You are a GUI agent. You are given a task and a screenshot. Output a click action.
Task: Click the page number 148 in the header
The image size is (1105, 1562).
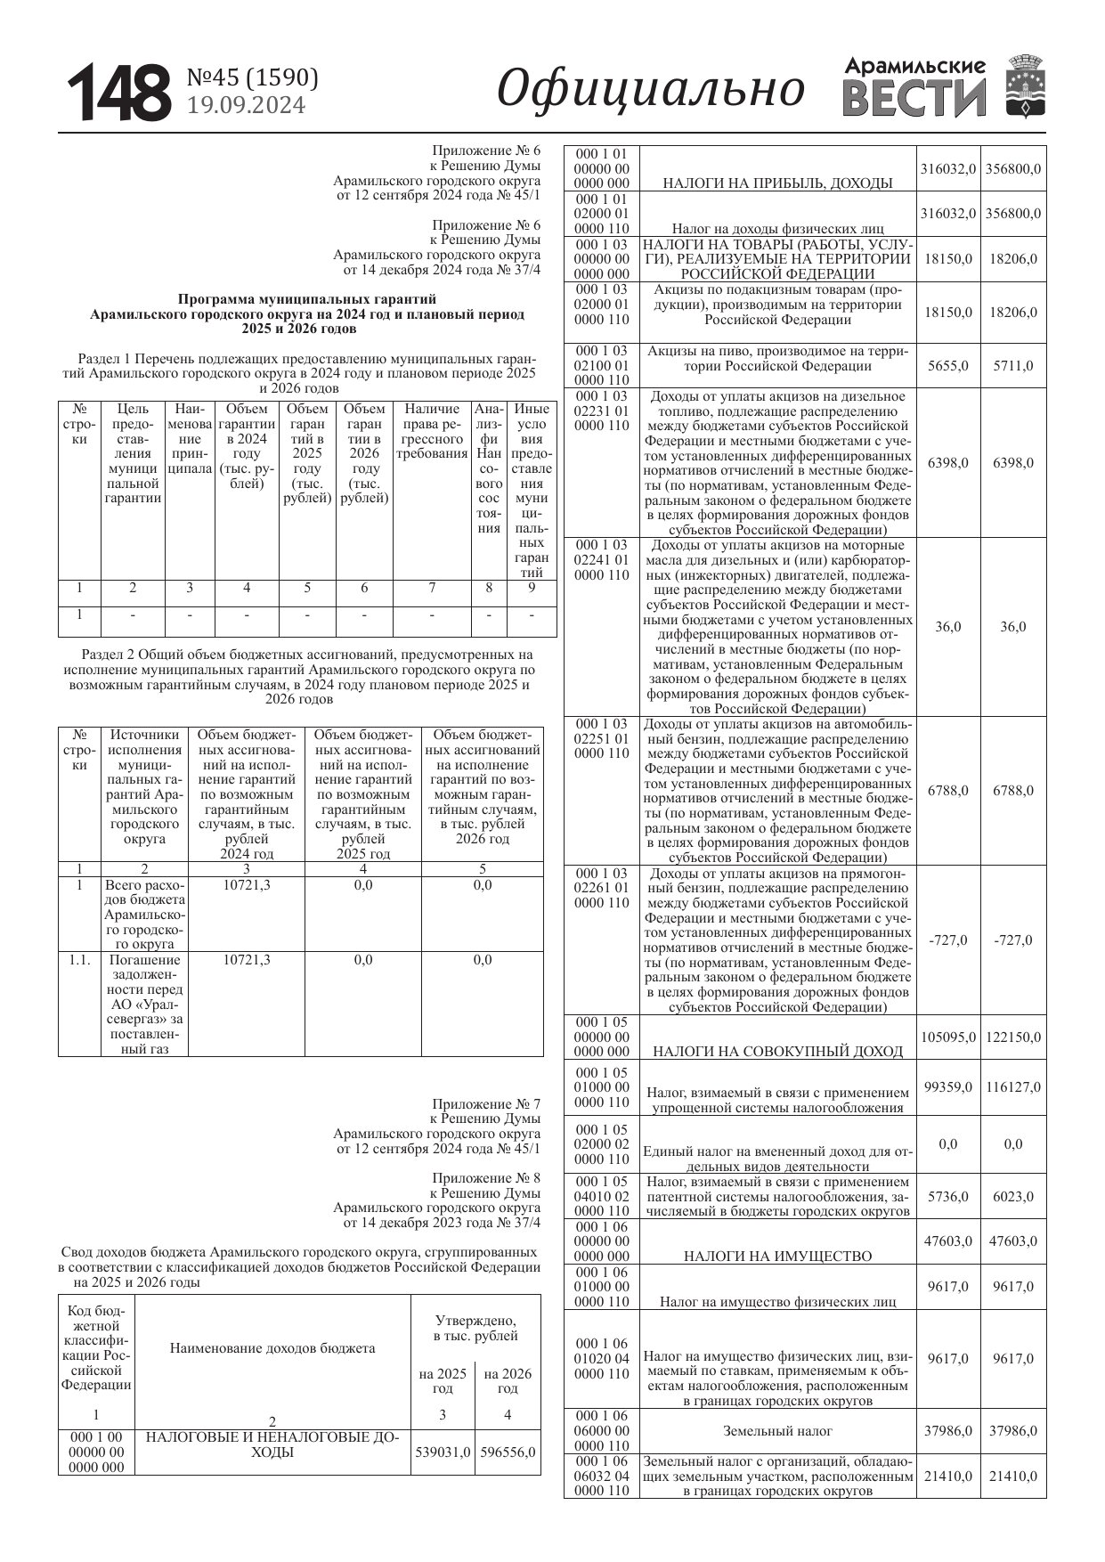point(119,93)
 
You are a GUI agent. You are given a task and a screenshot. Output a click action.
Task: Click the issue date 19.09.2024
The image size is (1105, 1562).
point(246,105)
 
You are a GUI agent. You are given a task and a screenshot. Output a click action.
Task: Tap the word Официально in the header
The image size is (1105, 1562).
point(651,90)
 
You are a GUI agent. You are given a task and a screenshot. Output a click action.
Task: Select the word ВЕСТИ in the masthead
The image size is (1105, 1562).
point(914,99)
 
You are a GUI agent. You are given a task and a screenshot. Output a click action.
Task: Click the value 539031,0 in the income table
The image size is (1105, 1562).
point(443,1452)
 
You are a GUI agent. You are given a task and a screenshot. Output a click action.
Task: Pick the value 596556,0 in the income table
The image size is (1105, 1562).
point(508,1452)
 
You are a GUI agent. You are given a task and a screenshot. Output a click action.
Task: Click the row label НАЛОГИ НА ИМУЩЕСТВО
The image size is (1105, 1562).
point(777,1256)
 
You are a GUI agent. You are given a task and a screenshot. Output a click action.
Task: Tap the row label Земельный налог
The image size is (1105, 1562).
point(777,1430)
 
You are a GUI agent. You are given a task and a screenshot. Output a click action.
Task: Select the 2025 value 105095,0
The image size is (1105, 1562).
point(948,1037)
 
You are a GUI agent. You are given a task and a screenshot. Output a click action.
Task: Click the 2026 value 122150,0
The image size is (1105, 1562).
point(1013,1037)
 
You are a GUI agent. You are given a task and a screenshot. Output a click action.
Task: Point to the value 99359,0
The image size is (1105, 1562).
point(948,1086)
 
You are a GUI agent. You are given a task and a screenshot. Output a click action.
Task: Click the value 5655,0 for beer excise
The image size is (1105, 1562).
point(948,365)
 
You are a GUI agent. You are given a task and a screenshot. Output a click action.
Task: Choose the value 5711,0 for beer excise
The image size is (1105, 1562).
point(1013,365)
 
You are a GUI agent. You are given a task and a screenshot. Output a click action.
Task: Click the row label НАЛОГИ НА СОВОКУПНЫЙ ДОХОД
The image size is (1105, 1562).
point(777,1051)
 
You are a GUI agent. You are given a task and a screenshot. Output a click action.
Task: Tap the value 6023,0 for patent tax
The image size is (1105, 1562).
point(1013,1196)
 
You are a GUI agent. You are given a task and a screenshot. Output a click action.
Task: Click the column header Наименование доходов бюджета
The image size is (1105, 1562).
point(272,1347)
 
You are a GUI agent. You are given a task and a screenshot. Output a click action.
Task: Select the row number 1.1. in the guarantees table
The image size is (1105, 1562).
point(79,960)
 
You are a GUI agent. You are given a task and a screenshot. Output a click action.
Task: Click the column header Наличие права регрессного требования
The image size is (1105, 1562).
point(432,431)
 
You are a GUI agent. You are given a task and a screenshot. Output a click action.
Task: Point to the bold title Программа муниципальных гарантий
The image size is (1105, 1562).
point(307,299)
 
